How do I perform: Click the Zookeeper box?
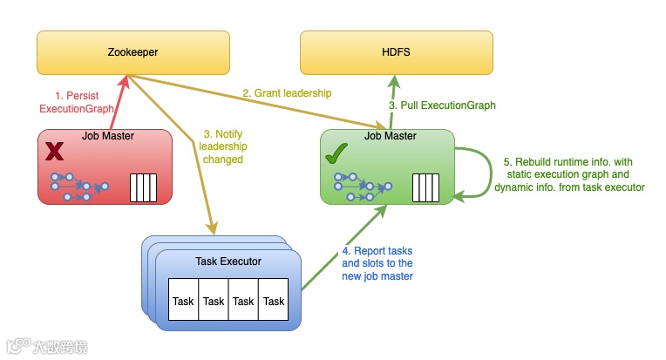(x=133, y=52)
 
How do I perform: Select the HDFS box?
(x=396, y=52)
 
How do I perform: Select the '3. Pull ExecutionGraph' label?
(x=442, y=105)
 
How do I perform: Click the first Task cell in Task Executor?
(x=183, y=301)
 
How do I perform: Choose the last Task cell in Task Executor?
(x=274, y=301)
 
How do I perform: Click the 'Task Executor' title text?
(x=228, y=262)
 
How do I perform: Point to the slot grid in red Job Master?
(x=142, y=187)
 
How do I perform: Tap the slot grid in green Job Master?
(x=425, y=187)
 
